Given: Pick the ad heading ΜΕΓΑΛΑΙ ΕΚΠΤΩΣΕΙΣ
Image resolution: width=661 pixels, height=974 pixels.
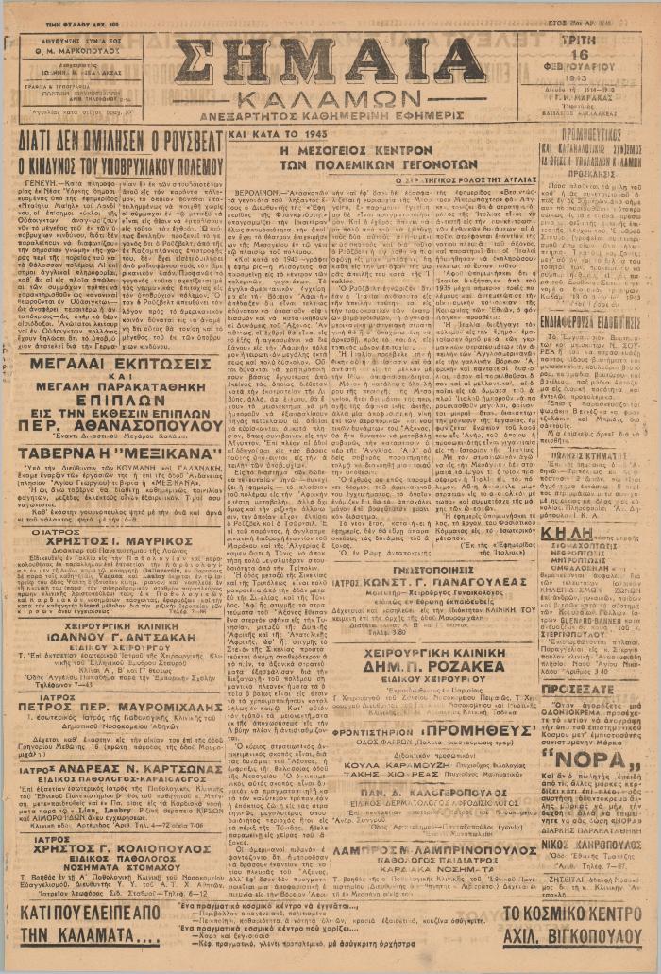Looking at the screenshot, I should coord(114,365).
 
